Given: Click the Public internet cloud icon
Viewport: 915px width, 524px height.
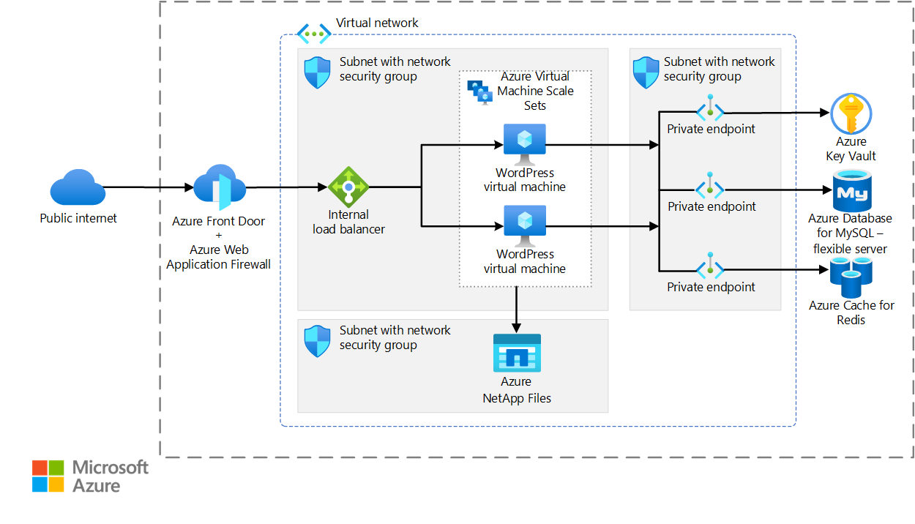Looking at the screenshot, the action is click(x=78, y=187).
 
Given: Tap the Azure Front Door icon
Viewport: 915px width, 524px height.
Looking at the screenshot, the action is click(x=220, y=187).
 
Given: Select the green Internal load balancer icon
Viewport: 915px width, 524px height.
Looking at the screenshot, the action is click(x=348, y=187).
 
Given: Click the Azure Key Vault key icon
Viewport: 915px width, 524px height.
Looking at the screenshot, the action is click(x=851, y=113).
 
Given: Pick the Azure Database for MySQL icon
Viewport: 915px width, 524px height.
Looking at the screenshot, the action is click(x=852, y=191).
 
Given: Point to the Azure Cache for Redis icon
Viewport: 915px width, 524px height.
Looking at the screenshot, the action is click(x=851, y=277).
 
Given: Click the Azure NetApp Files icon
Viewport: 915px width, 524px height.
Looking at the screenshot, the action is click(x=517, y=353).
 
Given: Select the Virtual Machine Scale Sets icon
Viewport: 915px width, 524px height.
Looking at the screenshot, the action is click(x=480, y=93).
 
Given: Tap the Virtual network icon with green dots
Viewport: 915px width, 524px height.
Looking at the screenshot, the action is click(x=314, y=34).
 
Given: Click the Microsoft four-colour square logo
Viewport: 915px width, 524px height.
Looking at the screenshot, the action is click(x=48, y=476).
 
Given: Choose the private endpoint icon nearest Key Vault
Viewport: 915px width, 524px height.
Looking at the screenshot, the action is click(x=710, y=108).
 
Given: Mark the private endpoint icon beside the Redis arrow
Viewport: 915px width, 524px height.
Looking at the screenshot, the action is click(x=710, y=266).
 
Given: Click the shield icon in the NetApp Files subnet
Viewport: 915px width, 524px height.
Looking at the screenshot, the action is click(x=318, y=341).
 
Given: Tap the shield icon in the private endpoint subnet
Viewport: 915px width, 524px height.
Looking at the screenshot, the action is click(x=646, y=72).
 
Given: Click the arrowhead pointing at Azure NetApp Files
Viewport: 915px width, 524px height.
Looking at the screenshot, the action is click(x=516, y=328).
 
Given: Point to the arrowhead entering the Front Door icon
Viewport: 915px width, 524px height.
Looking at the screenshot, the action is click(x=189, y=187).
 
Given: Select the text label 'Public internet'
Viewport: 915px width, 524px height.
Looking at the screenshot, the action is click(x=78, y=218).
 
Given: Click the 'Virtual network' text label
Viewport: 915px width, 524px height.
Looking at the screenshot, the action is click(x=377, y=23).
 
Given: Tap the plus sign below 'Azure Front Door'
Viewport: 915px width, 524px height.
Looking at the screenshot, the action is click(x=219, y=235).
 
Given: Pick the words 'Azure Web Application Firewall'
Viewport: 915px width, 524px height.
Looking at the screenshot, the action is click(x=219, y=257).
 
